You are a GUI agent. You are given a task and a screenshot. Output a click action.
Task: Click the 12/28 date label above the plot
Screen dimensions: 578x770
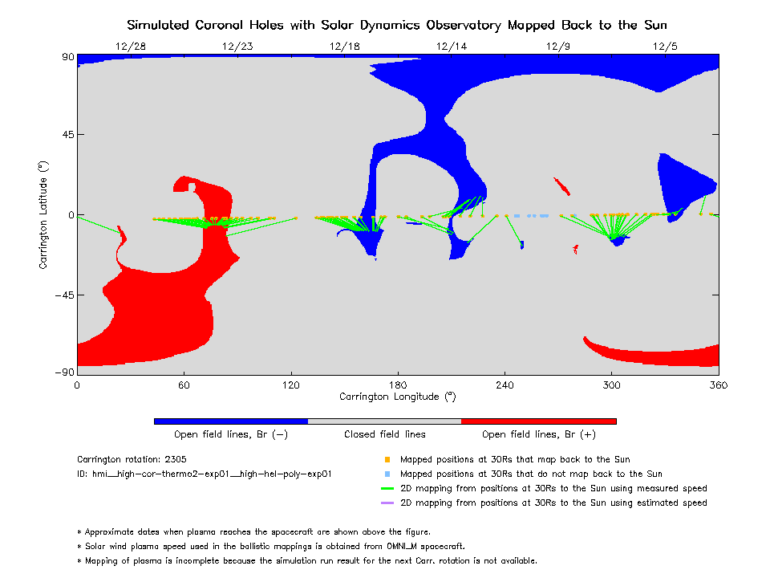(131, 47)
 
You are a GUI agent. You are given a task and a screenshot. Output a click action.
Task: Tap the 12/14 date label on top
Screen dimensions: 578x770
(452, 47)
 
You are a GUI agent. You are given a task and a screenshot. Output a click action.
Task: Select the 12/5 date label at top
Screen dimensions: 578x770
(665, 47)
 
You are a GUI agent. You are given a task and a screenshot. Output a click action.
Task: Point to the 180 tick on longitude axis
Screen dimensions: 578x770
(398, 385)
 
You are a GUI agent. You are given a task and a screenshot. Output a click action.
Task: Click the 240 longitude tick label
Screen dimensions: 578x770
(505, 385)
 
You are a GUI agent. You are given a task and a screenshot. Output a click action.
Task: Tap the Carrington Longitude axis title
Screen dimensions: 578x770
(397, 397)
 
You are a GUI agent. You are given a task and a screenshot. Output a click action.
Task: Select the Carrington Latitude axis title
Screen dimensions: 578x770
(44, 214)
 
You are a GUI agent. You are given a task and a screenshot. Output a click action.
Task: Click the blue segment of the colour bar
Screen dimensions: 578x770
(231, 421)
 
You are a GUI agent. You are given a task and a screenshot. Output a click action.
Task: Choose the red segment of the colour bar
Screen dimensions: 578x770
(538, 421)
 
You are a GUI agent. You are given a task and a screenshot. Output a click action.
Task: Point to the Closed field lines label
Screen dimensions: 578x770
(385, 435)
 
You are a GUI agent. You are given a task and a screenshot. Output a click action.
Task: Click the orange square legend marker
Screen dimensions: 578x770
(387, 460)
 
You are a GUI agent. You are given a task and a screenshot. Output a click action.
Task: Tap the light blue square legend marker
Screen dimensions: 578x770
(387, 474)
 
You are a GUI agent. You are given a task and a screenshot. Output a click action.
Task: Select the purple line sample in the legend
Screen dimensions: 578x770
(387, 503)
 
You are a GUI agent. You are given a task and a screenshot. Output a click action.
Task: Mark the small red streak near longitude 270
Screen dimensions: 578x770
(562, 186)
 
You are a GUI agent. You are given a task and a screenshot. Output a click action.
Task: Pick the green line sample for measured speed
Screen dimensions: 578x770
(387, 489)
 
